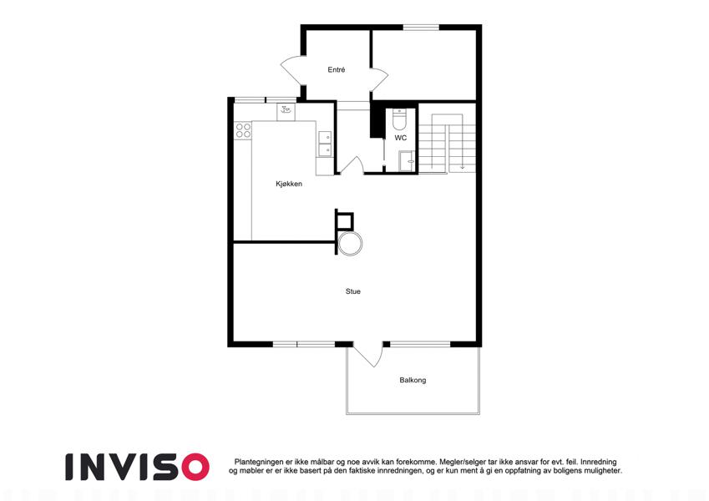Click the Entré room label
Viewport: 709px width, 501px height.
click(337, 69)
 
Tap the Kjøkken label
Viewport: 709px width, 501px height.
click(289, 184)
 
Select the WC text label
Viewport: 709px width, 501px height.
click(401, 138)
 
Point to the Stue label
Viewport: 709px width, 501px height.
click(353, 291)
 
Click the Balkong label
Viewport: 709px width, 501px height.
click(413, 380)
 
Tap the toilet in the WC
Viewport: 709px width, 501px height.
click(400, 119)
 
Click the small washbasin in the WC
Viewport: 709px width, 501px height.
click(407, 161)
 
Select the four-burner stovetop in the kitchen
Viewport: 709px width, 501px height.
click(243, 130)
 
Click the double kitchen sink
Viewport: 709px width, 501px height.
click(325, 144)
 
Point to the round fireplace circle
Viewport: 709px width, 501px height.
click(351, 243)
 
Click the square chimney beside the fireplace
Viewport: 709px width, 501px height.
click(345, 220)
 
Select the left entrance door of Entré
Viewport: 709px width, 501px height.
click(291, 70)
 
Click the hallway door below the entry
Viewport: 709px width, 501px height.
click(351, 165)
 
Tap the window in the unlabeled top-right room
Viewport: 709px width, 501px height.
click(421, 27)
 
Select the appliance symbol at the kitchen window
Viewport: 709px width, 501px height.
click(286, 111)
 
